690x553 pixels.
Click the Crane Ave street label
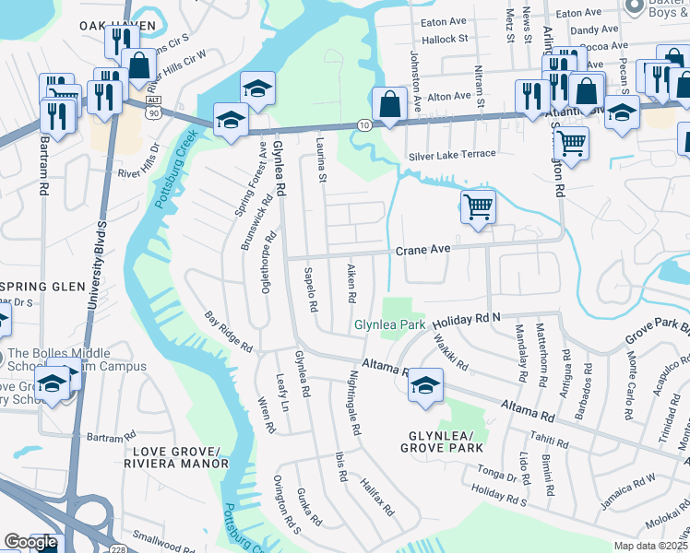pos(422,250)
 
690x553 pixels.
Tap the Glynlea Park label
pos(390,324)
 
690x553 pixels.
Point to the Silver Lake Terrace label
pos(452,154)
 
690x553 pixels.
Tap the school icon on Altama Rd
pos(425,384)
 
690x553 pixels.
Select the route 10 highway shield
pos(363,124)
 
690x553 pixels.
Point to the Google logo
pos(30,541)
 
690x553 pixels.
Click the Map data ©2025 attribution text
pos(651,546)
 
